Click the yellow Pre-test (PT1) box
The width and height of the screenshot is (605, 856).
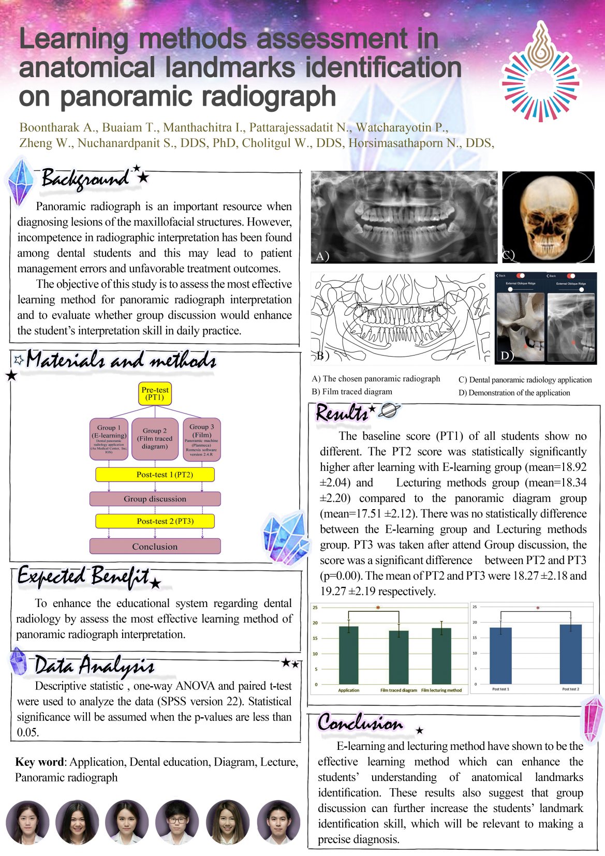[x=155, y=393]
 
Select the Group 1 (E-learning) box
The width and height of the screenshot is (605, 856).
[x=109, y=439]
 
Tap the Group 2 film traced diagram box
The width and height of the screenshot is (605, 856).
[x=155, y=439]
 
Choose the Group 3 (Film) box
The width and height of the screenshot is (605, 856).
[x=201, y=439]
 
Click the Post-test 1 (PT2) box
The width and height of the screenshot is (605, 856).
[x=155, y=475]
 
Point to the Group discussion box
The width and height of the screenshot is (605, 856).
[x=155, y=499]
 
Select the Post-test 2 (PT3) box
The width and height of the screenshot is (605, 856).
[x=155, y=521]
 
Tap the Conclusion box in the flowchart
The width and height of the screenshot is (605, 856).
[x=155, y=547]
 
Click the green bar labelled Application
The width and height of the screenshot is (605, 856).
[x=348, y=655]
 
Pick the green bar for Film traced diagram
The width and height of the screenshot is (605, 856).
[x=399, y=657]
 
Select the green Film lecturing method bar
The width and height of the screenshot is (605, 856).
[x=441, y=656]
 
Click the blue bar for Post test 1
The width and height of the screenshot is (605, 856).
[x=500, y=656]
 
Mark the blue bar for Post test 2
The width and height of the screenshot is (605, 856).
[x=570, y=654]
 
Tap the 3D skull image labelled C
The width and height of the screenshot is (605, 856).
[x=549, y=217]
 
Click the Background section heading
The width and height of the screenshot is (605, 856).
[x=85, y=179]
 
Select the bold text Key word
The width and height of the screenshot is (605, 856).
[x=39, y=762]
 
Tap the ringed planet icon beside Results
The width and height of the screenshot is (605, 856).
[x=389, y=411]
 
